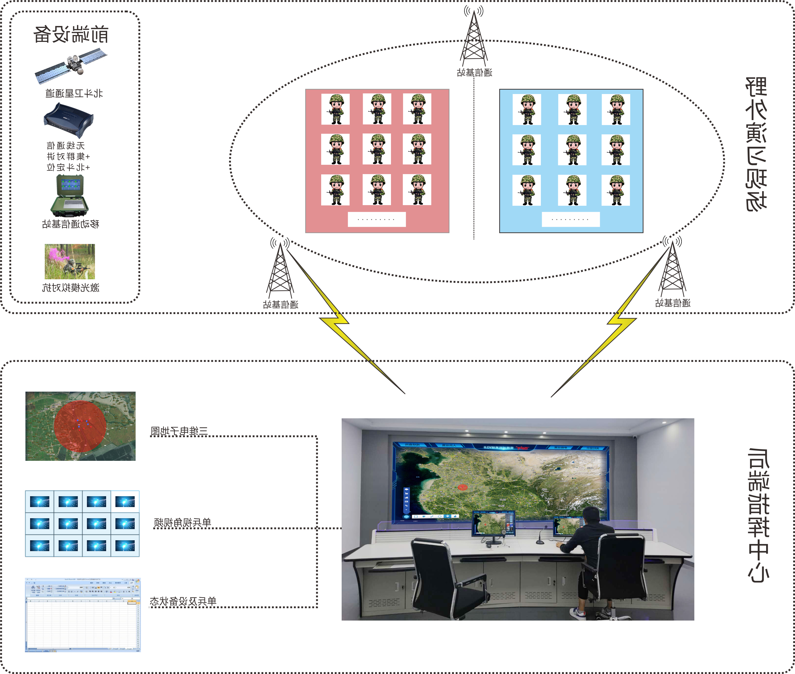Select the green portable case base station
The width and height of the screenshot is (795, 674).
70,195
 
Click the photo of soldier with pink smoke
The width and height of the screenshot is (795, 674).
70,262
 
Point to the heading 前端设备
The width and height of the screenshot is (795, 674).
71,34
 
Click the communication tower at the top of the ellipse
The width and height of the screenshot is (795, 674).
474,38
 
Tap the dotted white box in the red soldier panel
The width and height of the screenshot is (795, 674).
377,219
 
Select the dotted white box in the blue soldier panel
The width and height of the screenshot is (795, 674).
570,219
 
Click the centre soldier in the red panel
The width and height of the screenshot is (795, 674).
377,149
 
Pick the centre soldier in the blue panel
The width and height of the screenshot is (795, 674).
572,150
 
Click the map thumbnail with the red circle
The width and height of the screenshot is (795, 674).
80,426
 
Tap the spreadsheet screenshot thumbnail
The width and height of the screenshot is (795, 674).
83,615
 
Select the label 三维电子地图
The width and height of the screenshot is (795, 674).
179,431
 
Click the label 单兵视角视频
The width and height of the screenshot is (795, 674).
182,522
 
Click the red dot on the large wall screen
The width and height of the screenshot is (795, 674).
463,487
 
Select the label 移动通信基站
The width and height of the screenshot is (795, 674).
71,224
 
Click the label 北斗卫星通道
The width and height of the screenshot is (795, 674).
74,93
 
